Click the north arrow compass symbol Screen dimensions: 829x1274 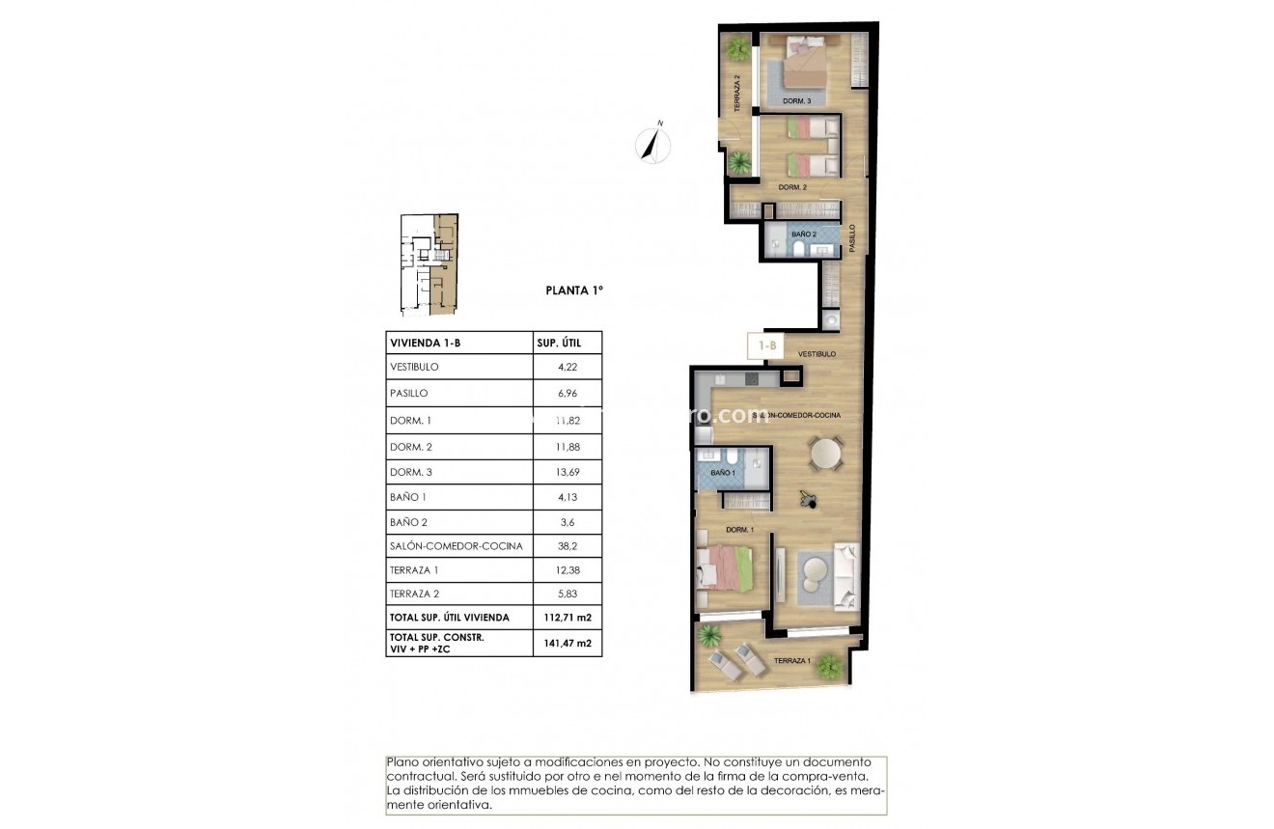click(653, 144)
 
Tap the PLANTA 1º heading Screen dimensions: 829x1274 click(573, 289)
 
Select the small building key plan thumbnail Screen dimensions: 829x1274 click(429, 264)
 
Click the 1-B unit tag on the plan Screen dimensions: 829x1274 click(768, 345)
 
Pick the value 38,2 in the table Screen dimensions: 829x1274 click(567, 546)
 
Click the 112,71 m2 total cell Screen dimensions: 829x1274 click(567, 618)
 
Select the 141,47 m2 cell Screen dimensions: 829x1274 click(567, 643)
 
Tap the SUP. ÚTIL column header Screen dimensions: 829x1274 click(567, 343)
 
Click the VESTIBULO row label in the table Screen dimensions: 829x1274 click(414, 368)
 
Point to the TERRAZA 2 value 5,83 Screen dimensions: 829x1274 click(567, 594)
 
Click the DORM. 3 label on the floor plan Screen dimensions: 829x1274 click(796, 100)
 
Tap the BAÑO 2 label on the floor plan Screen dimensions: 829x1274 click(804, 235)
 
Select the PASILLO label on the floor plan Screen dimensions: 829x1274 click(852, 238)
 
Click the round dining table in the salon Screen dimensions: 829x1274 click(825, 453)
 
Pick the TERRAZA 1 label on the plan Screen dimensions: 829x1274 click(793, 661)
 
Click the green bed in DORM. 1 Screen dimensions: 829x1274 click(726, 566)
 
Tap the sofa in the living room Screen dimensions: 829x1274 click(846, 574)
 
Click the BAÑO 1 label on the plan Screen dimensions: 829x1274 click(723, 474)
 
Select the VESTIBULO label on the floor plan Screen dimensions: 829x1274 click(817, 354)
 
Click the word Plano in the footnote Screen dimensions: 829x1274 click(402, 762)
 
